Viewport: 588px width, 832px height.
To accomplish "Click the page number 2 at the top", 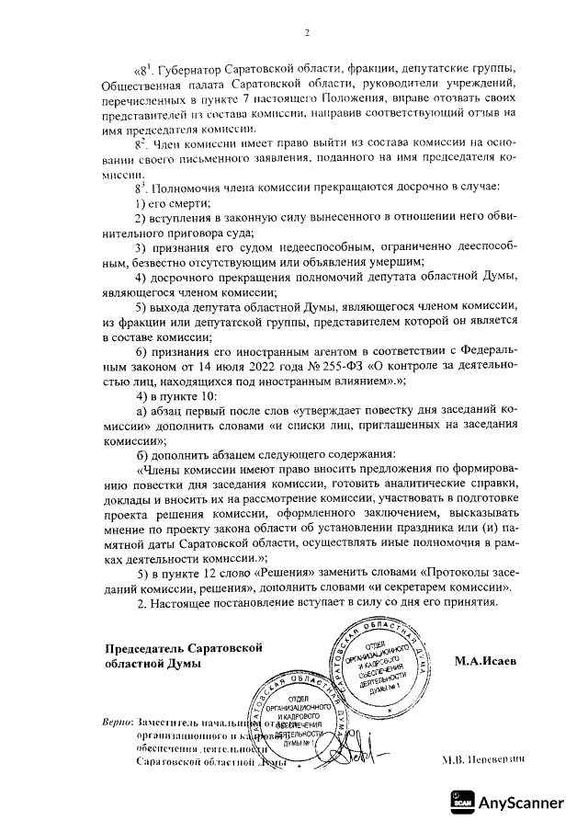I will click(x=308, y=34).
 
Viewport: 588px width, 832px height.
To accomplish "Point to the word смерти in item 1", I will click(x=188, y=202).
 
